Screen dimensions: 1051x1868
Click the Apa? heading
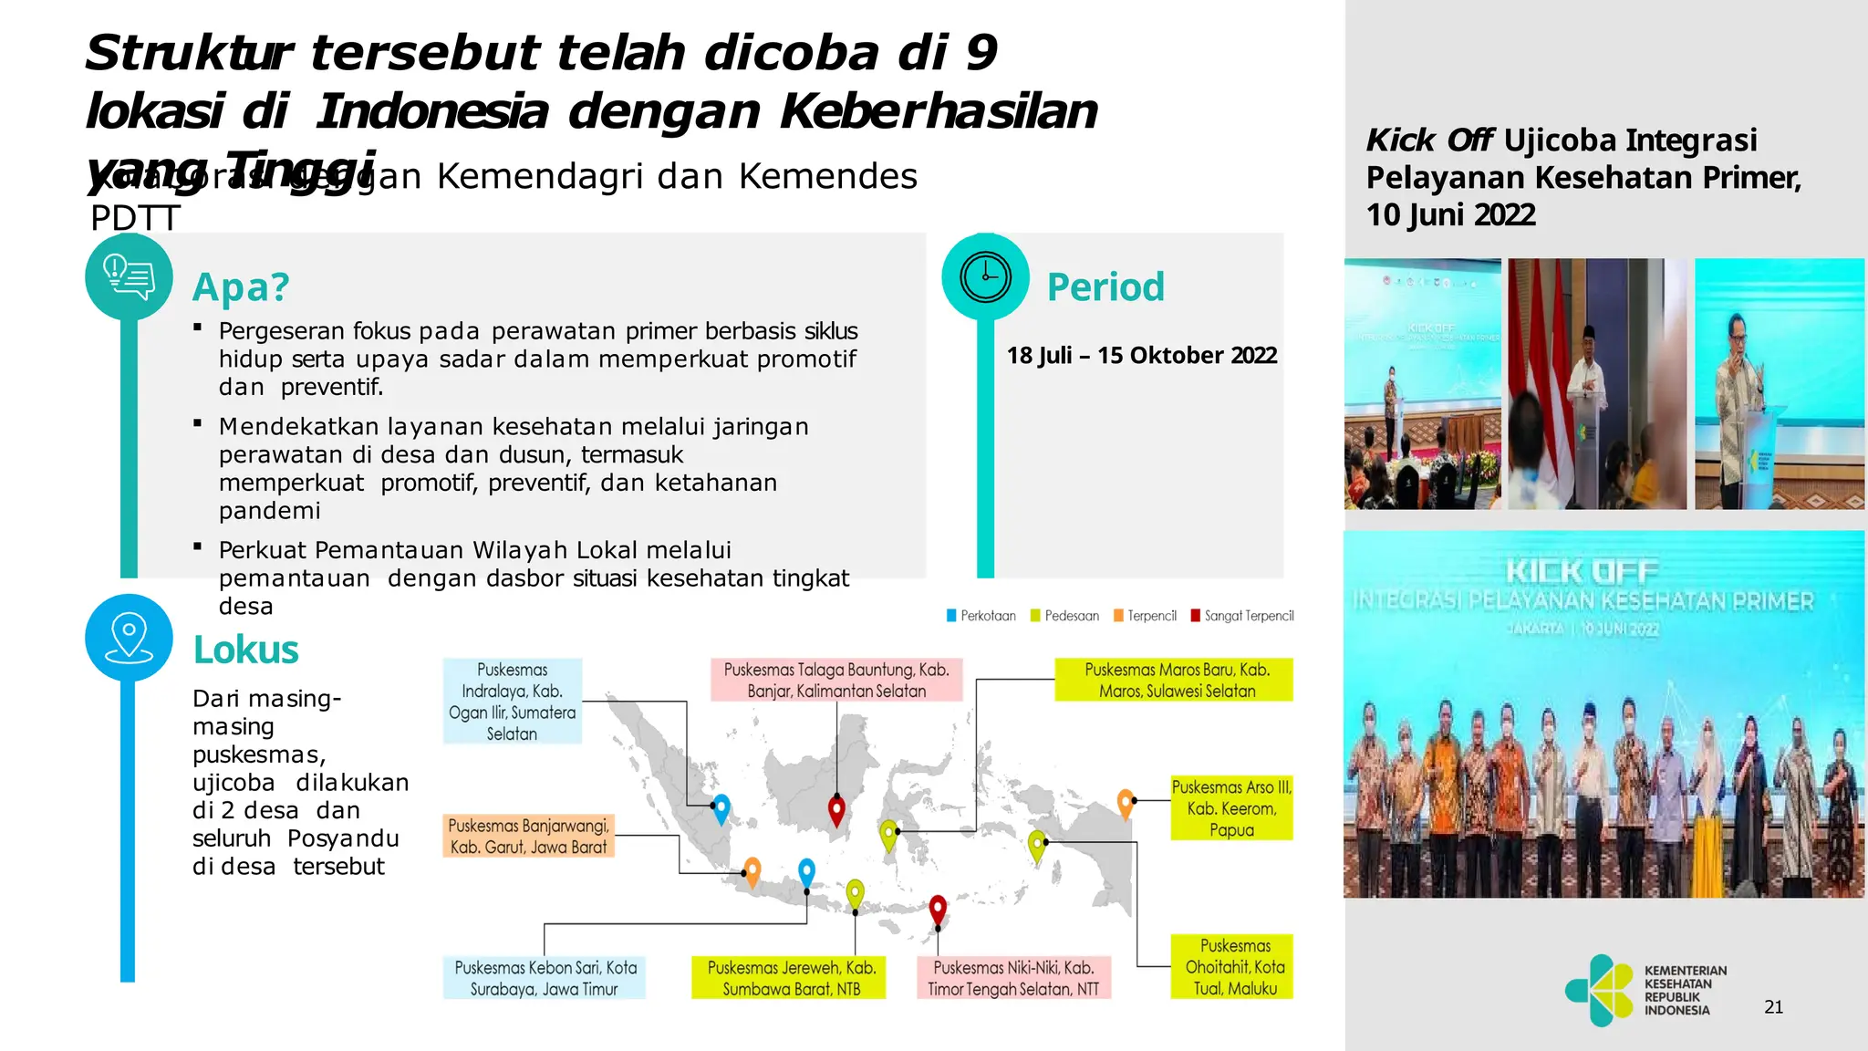(241, 287)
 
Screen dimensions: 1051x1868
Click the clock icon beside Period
(985, 276)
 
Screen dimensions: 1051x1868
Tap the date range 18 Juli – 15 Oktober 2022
(1141, 355)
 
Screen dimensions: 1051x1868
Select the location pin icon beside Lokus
(129, 637)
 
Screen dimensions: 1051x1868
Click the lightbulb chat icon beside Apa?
(129, 276)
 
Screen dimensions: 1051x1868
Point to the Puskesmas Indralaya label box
(512, 701)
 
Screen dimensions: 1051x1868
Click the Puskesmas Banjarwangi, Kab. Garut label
(528, 836)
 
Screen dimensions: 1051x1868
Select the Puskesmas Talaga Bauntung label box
(836, 680)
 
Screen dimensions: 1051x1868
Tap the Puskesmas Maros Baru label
(1175, 680)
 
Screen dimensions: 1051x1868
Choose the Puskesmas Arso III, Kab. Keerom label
(1231, 808)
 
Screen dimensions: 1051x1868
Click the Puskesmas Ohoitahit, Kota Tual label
(1232, 967)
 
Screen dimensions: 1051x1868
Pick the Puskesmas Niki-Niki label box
(1013, 978)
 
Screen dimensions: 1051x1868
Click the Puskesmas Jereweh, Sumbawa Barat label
(790, 978)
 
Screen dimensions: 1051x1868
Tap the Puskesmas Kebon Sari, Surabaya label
(545, 978)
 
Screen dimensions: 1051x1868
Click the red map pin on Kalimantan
(836, 808)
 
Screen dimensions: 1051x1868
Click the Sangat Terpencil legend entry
(1242, 616)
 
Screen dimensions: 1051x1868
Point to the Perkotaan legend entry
(981, 616)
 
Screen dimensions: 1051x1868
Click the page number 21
(1773, 1007)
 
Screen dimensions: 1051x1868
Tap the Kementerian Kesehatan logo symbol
(1600, 990)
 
